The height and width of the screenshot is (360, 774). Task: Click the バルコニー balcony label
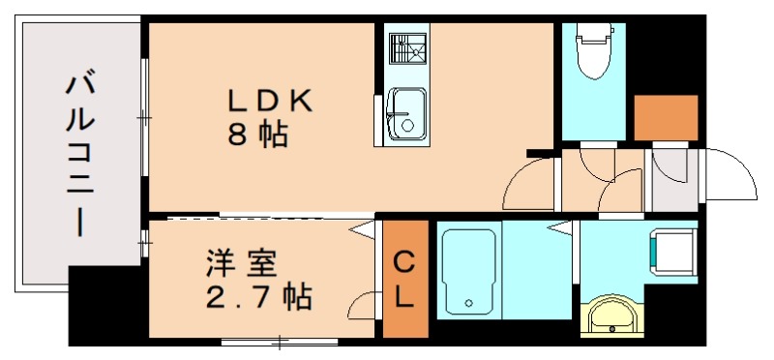pyautogui.click(x=79, y=155)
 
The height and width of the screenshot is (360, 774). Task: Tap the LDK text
pyautogui.click(x=270, y=102)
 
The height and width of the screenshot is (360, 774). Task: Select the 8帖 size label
pyautogui.click(x=257, y=135)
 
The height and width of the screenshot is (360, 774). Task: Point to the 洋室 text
pyautogui.click(x=241, y=262)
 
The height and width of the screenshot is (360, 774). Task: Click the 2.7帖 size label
pyautogui.click(x=257, y=295)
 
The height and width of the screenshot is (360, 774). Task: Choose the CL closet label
pyautogui.click(x=404, y=280)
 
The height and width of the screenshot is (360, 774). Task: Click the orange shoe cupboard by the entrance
pyautogui.click(x=666, y=118)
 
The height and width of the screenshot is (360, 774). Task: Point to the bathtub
pyautogui.click(x=467, y=270)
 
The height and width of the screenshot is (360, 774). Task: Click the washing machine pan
pyautogui.click(x=672, y=250)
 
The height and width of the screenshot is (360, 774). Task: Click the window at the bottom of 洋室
pyautogui.click(x=280, y=341)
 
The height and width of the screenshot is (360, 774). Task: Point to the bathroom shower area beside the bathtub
pyautogui.click(x=536, y=270)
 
